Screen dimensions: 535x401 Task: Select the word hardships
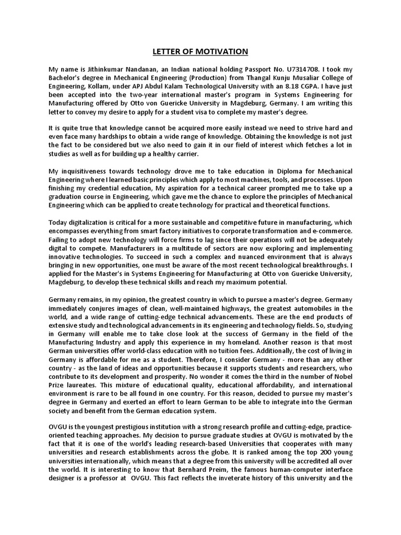[x=108, y=137]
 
